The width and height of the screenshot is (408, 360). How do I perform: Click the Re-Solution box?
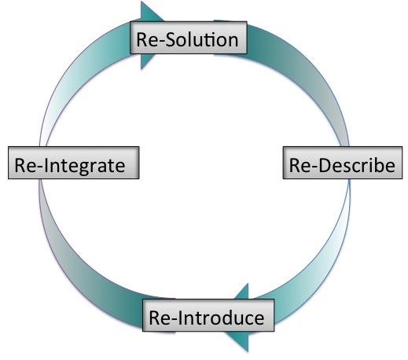coord(189,38)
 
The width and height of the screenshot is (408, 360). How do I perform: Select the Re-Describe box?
coord(343,163)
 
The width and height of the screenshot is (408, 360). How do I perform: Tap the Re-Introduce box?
coord(208,315)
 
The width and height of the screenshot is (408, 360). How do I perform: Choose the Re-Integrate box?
coord(74,163)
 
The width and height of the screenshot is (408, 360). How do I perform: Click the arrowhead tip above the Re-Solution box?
coord(142,2)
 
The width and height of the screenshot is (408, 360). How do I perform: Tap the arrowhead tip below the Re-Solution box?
coord(142,69)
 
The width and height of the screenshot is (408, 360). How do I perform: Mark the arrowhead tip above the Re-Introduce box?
coord(248,284)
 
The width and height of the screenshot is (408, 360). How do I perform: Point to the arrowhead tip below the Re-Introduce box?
coord(248,351)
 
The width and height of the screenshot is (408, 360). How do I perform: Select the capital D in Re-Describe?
coord(325,165)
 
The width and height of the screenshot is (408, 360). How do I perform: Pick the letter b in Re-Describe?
coord(379,165)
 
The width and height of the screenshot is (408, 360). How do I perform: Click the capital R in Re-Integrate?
coord(20,165)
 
